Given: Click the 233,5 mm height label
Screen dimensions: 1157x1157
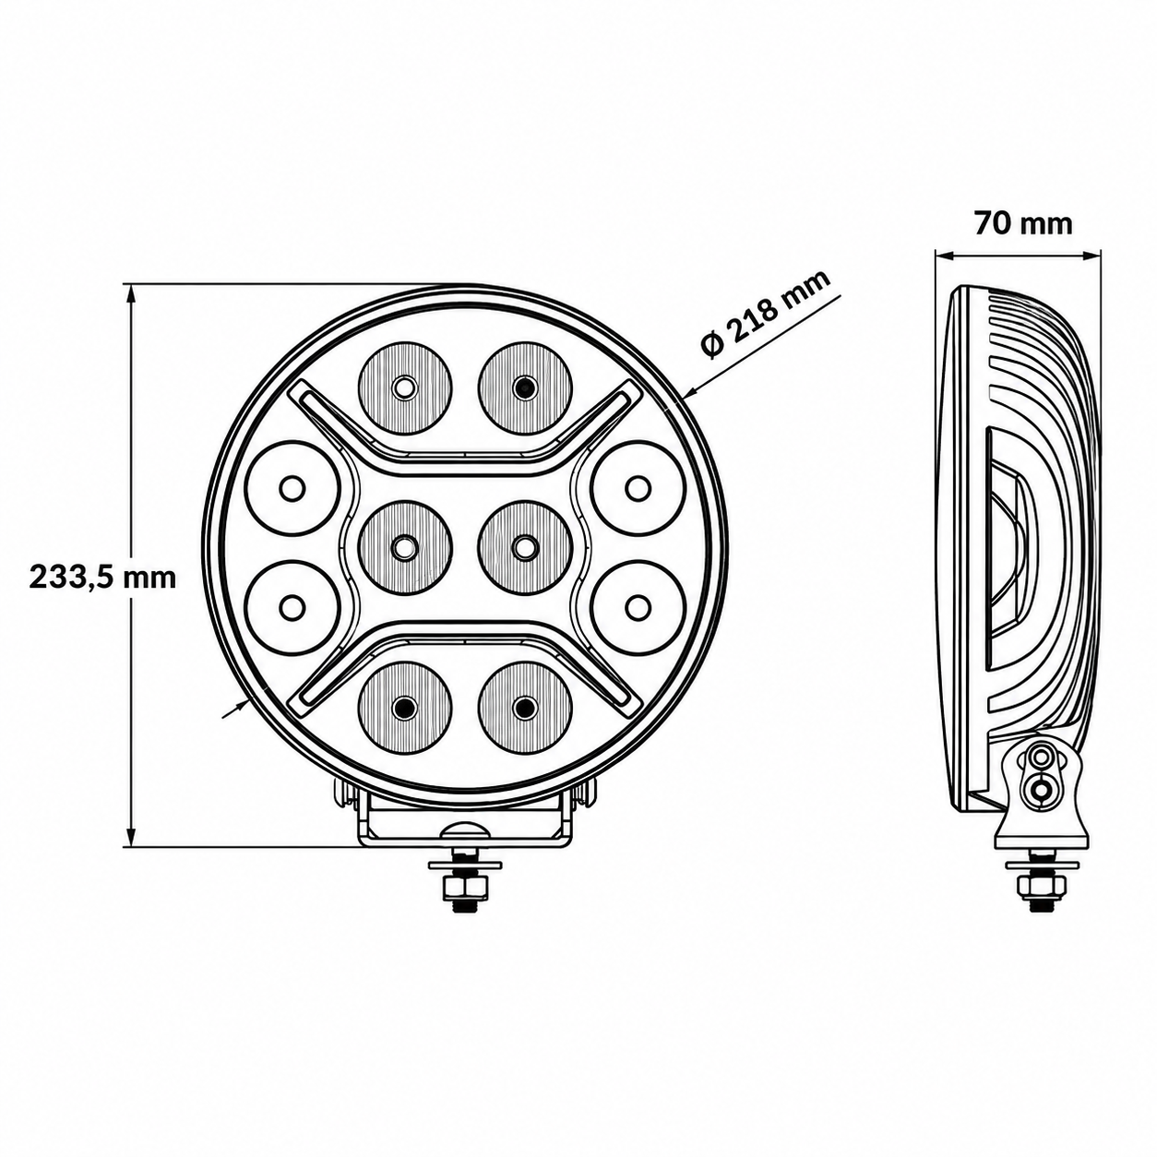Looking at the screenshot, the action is point(102,578).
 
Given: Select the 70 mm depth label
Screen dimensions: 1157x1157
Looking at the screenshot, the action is point(1023,224).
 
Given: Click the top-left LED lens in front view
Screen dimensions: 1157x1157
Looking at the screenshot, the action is point(405,388).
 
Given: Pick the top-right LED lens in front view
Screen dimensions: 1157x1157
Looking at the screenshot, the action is point(525,388).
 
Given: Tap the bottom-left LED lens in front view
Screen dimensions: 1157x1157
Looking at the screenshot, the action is point(405,708).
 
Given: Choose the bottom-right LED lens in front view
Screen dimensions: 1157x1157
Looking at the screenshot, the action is point(525,708).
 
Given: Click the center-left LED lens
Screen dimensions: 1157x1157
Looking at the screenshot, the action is point(405,547).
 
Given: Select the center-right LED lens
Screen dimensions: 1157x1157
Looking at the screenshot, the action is point(525,547).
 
